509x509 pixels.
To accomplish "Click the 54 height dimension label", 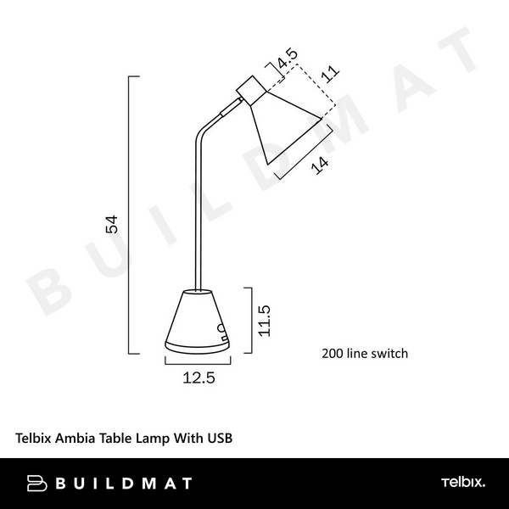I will (110, 224).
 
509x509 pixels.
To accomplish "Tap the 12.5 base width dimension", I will (199, 378).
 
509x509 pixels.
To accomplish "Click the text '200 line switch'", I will (365, 353).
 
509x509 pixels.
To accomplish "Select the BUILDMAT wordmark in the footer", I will (123, 484).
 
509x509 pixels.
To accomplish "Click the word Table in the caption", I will (118, 439).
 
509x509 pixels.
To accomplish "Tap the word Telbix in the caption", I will (36, 439).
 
